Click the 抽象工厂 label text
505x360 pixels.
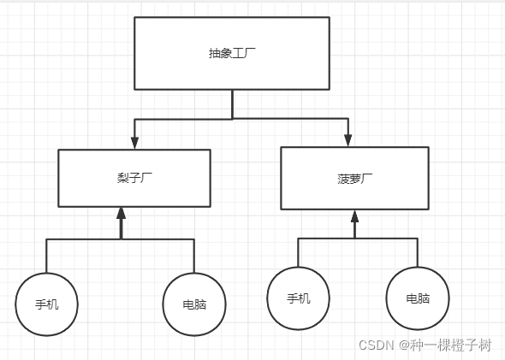[232, 53]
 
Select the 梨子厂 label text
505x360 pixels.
[134, 178]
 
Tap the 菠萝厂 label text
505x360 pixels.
[355, 179]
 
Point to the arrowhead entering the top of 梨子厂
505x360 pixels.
[134, 143]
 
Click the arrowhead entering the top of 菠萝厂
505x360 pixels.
[348, 140]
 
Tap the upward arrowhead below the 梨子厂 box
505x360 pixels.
[121, 213]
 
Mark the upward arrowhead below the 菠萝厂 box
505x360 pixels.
[354, 216]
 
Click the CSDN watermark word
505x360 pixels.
[376, 345]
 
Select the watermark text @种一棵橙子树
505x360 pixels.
[445, 345]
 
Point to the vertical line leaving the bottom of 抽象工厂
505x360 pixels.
[232, 104]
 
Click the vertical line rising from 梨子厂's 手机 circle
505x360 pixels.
[46, 256]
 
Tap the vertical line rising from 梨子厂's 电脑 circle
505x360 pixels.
[194, 256]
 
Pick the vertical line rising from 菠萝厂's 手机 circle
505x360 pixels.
[298, 252]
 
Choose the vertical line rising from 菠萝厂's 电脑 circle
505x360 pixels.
[418, 252]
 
